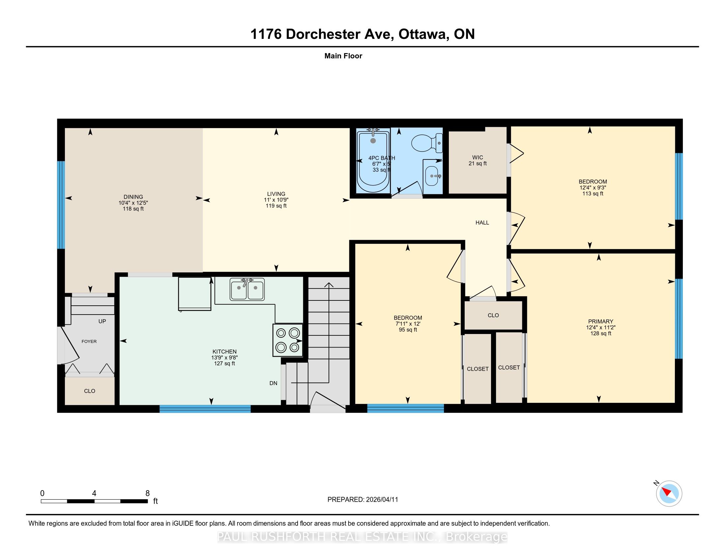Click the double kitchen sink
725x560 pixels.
pyautogui.click(x=247, y=289)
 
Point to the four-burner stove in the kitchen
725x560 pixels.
pyautogui.click(x=288, y=340)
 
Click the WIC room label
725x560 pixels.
pyautogui.click(x=478, y=157)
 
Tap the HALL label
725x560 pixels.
pyautogui.click(x=482, y=223)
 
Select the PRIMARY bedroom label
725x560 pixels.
pyautogui.click(x=600, y=321)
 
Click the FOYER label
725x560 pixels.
pyautogui.click(x=89, y=341)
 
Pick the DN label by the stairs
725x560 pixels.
pyautogui.click(x=273, y=383)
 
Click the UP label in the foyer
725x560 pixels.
pyautogui.click(x=102, y=321)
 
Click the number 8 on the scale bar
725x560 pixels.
pyautogui.click(x=148, y=493)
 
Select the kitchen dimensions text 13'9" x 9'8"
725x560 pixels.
pyautogui.click(x=224, y=358)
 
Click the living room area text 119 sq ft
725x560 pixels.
pyautogui.click(x=276, y=206)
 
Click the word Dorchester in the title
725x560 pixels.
pyautogui.click(x=338, y=34)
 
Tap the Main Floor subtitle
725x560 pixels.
pyautogui.click(x=343, y=56)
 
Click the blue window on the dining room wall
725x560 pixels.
pyautogui.click(x=61, y=205)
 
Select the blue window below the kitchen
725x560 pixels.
pyautogui.click(x=205, y=409)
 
